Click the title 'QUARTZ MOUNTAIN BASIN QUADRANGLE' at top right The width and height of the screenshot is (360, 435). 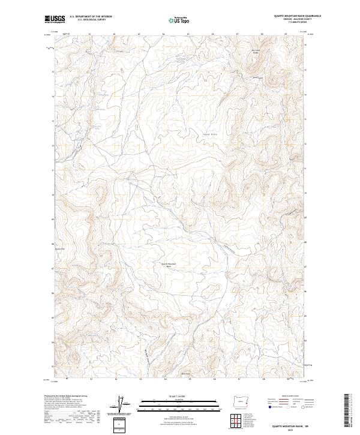click(x=289, y=16)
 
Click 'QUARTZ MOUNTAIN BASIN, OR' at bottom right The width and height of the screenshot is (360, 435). click(x=289, y=423)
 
